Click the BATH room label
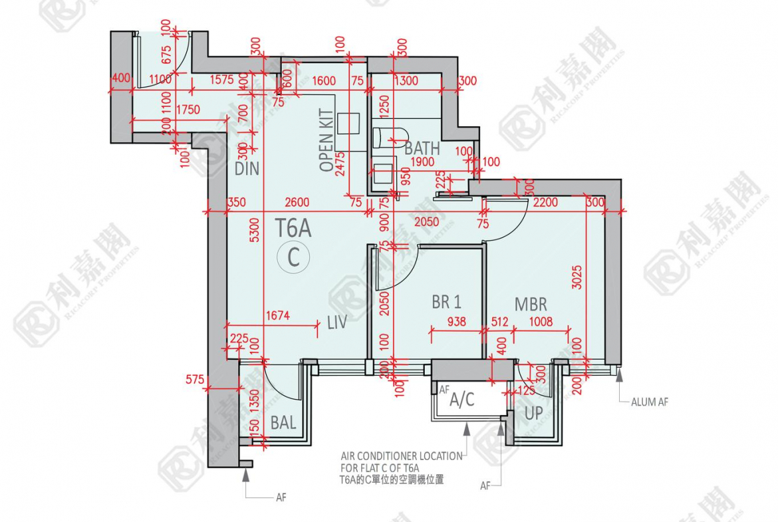422,148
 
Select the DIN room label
247,169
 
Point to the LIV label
337,323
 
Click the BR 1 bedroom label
446,303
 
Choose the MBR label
531,305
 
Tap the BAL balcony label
283,422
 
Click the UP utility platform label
534,413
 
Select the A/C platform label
462,400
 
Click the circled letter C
293,257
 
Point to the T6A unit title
293,229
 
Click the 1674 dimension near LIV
277,316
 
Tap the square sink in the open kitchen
348,124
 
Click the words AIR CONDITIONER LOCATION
402,456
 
